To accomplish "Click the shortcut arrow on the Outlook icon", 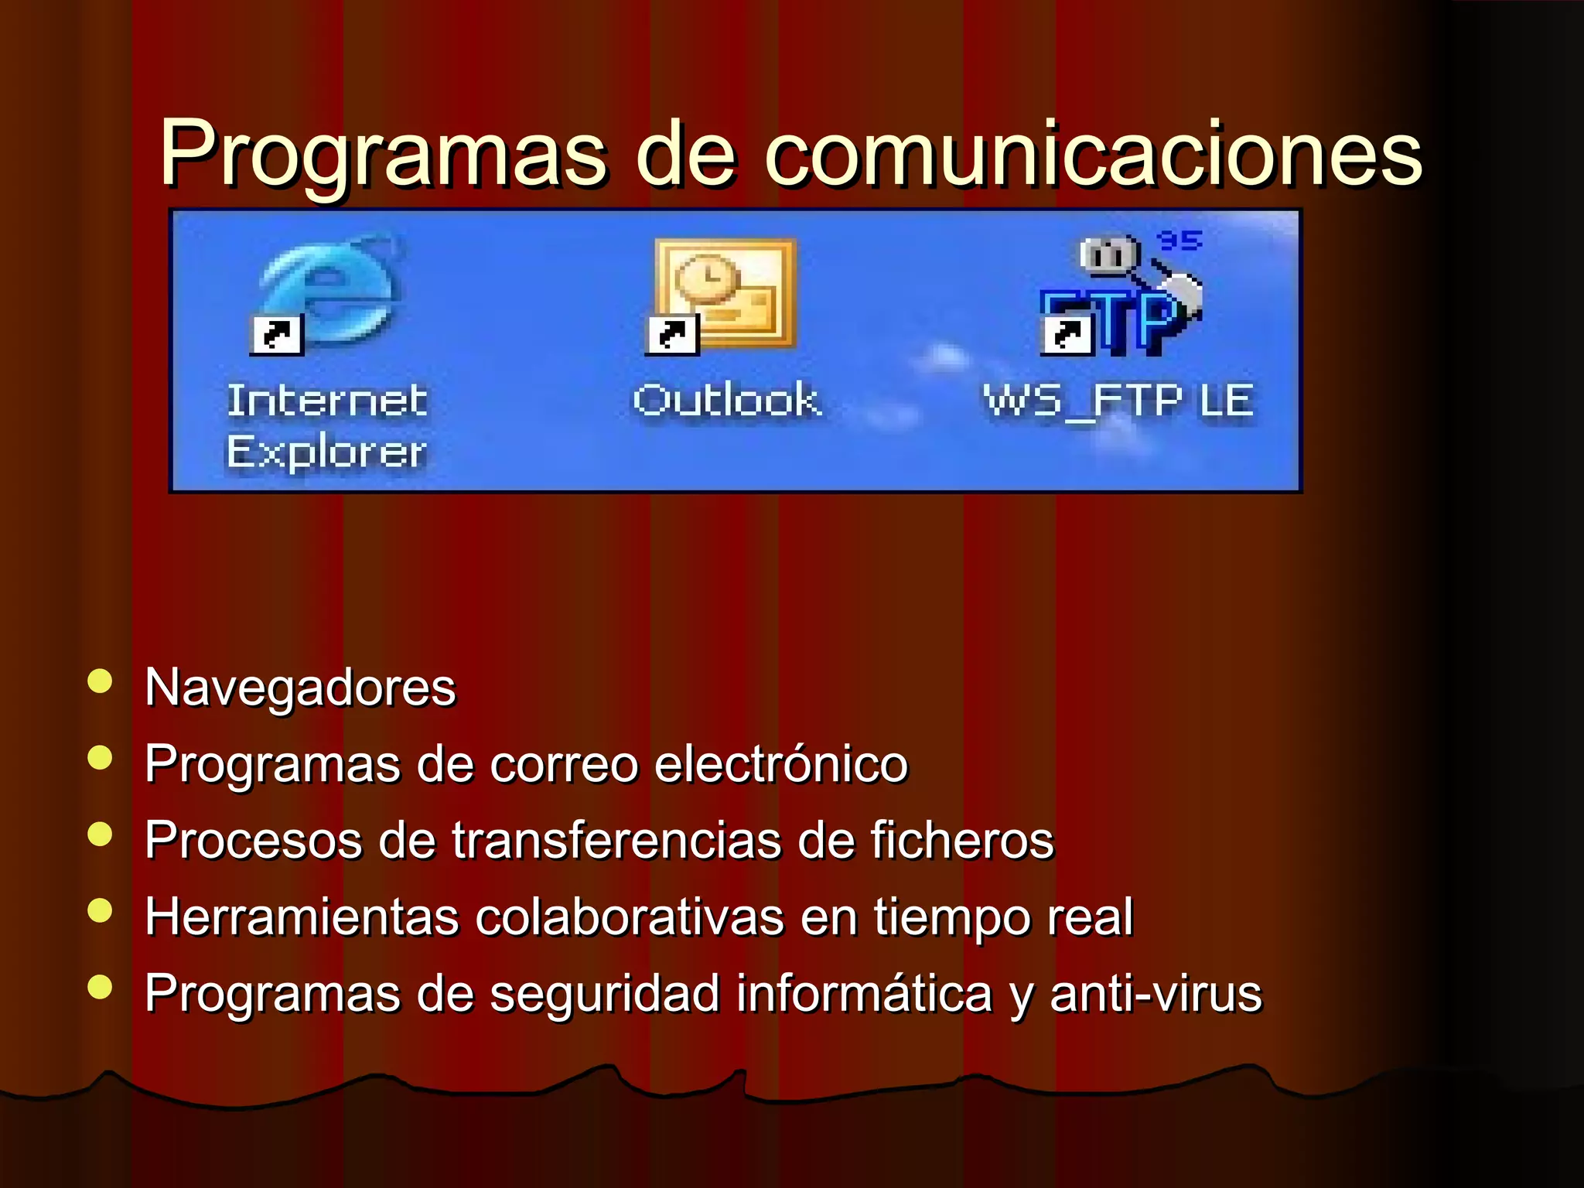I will tap(671, 335).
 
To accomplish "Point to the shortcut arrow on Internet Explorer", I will tap(276, 335).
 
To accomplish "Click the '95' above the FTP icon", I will tap(1179, 241).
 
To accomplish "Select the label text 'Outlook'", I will tap(726, 401).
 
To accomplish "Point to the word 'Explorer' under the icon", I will tap(326, 452).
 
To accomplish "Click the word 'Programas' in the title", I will tap(384, 155).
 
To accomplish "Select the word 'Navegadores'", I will tap(300, 688).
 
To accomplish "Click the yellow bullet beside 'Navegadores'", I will tap(101, 681).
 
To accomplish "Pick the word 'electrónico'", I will tap(781, 764).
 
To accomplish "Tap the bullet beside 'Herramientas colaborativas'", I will tap(101, 910).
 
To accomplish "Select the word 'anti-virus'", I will tap(1156, 993).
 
